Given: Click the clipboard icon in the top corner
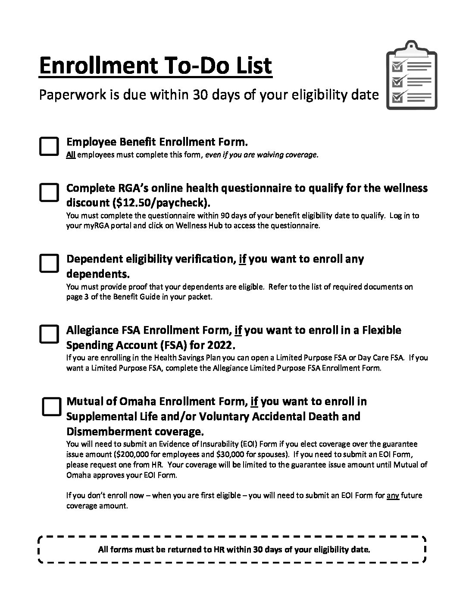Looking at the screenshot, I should point(411,75).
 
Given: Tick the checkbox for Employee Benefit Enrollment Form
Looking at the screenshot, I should point(49,146).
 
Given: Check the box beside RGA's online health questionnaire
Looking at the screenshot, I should point(49,192).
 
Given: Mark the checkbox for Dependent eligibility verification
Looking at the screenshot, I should point(49,263).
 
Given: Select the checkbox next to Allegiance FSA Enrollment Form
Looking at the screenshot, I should point(49,334).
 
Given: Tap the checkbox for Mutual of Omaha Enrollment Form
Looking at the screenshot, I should point(51,406).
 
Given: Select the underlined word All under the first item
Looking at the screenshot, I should point(71,155).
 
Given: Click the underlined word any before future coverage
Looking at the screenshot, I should point(393,495).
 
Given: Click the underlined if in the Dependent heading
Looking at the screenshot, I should point(242,259).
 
